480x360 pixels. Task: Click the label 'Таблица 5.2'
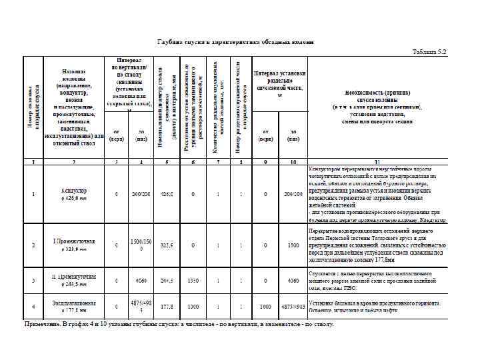430,51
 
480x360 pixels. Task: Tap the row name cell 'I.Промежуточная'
74,241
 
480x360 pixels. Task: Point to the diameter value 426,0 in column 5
165,194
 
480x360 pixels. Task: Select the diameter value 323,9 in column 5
165,245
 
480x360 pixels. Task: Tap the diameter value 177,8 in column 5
165,307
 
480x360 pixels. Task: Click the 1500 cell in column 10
293,245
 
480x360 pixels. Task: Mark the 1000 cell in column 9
265,307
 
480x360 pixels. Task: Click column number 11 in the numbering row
377,162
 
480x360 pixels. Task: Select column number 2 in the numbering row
75,162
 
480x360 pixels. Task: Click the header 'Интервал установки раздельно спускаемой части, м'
279,80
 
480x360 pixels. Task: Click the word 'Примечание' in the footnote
43,324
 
